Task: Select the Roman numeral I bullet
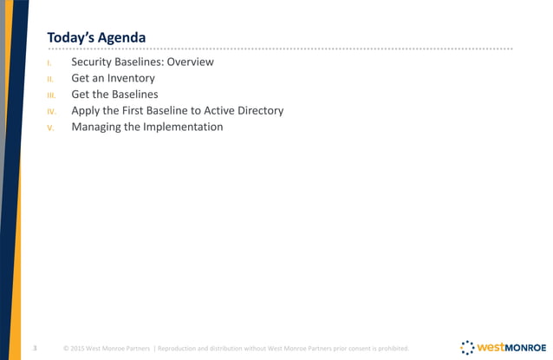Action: pos(50,63)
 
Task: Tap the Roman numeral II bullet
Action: pos(51,79)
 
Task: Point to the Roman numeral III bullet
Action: pos(51,95)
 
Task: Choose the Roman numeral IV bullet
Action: pos(51,112)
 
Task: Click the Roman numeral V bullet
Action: pos(51,128)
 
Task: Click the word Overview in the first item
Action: pos(187,62)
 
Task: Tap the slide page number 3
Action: pos(34,348)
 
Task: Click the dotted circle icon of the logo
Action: pos(465,346)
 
